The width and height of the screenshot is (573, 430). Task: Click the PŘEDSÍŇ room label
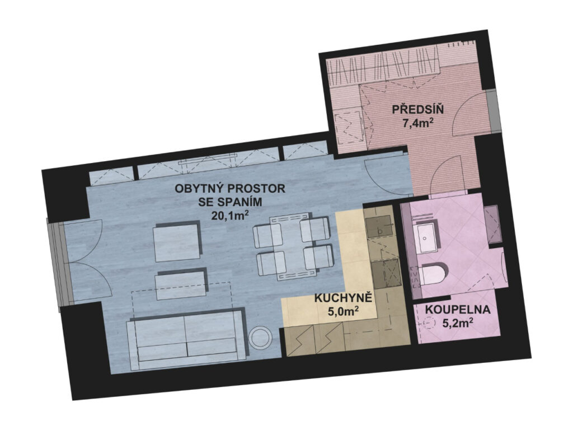(x=417, y=109)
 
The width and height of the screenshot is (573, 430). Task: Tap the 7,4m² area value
(x=418, y=123)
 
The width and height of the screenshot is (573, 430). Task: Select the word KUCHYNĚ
(x=343, y=298)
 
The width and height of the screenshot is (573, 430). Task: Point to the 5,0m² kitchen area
(x=343, y=311)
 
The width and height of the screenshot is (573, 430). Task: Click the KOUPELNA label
(x=458, y=310)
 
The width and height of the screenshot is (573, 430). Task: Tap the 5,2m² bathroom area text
(x=458, y=323)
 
